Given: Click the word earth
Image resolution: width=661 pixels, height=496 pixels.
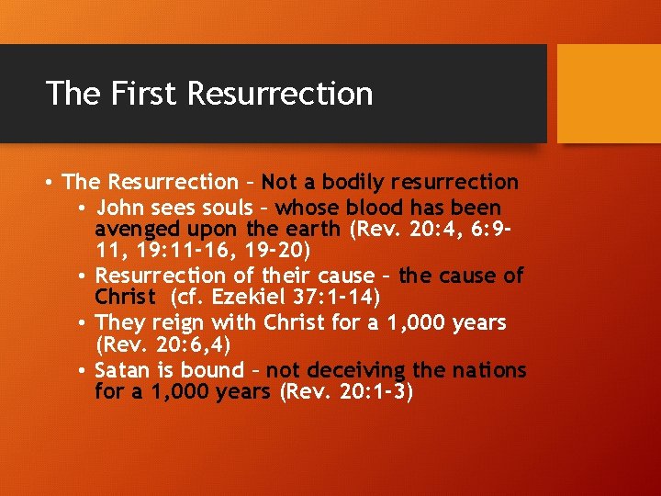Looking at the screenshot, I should (309, 229).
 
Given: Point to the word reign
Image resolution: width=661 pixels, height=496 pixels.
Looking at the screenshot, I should (179, 323).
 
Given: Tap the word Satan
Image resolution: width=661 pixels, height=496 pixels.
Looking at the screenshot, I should (122, 371).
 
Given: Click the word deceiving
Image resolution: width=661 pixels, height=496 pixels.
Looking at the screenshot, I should (357, 371).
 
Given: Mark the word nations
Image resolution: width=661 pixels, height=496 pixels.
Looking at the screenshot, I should (489, 371).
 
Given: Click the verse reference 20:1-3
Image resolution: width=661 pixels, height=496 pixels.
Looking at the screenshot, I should (372, 392).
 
